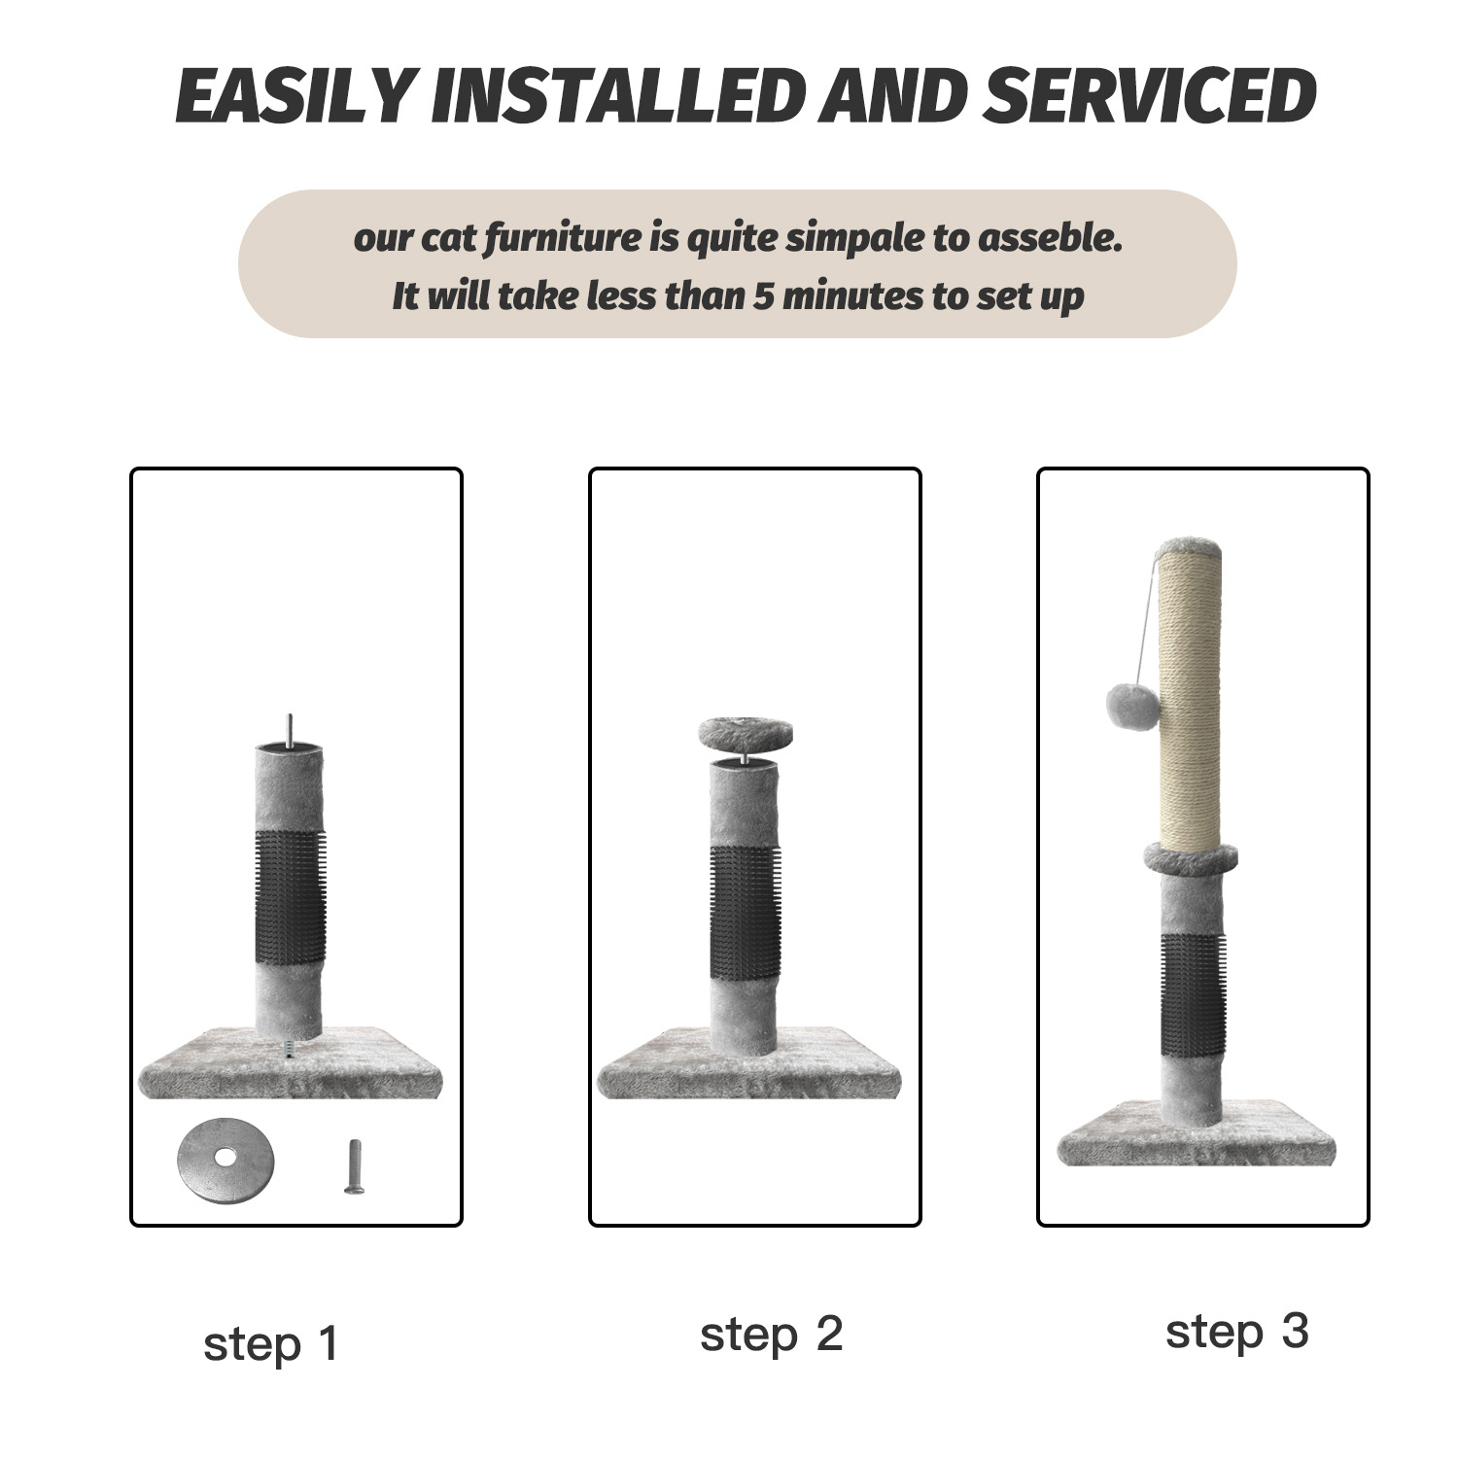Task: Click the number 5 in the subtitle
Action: (765, 295)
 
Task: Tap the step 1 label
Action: (270, 1344)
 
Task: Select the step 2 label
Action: (770, 1334)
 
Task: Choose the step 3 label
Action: (1236, 1332)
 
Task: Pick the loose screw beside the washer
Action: (356, 1166)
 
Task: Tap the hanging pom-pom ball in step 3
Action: (1129, 707)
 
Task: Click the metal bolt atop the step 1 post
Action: (289, 730)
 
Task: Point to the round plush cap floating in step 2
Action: (746, 733)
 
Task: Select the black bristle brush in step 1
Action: (290, 896)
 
